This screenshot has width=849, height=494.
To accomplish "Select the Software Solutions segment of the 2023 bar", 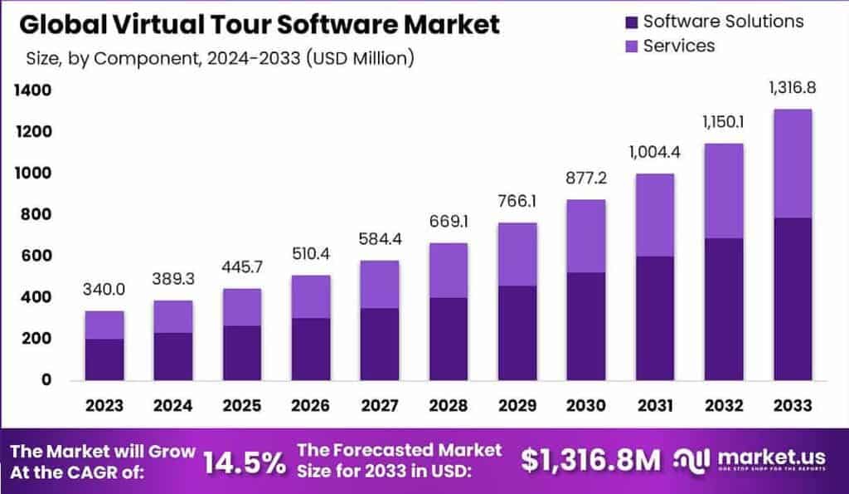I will coord(104,359).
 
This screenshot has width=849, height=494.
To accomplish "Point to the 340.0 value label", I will coord(104,290).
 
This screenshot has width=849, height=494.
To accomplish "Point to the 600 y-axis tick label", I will coord(36,256).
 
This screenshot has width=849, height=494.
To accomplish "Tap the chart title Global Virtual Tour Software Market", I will coord(260,24).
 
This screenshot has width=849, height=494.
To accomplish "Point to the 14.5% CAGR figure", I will coord(245,462).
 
